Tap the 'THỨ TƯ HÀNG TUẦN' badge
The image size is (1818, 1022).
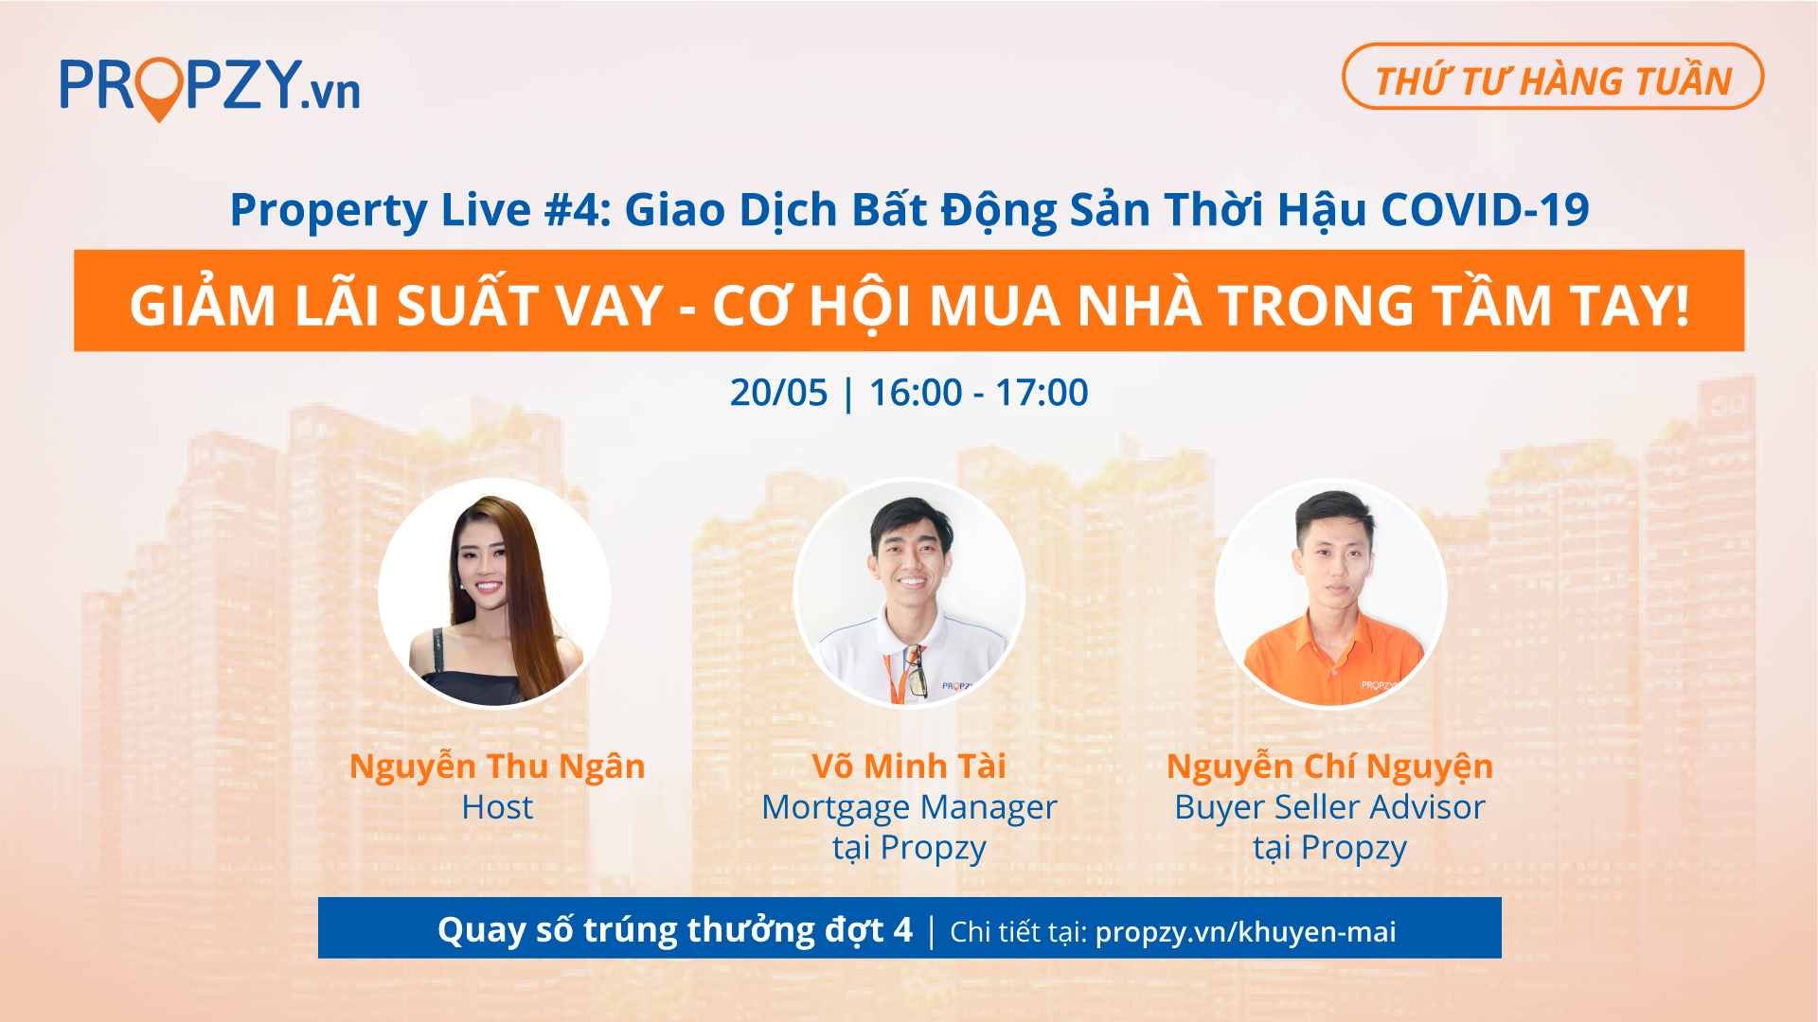click(1553, 77)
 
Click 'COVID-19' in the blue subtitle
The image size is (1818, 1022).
click(1485, 209)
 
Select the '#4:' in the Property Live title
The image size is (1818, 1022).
click(578, 209)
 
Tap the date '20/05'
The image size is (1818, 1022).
click(778, 393)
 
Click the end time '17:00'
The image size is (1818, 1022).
click(1042, 393)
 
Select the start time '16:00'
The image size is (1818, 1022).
click(916, 393)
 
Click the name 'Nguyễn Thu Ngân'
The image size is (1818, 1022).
click(497, 766)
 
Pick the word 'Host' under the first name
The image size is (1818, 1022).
click(497, 807)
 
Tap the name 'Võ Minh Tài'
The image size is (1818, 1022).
click(909, 766)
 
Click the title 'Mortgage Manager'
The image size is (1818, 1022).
click(909, 808)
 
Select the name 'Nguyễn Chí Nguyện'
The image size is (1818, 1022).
click(1329, 766)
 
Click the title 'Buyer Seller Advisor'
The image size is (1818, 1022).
click(1329, 807)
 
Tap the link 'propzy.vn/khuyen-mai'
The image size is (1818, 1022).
click(1245, 932)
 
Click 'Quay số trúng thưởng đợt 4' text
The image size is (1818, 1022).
click(675, 930)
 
